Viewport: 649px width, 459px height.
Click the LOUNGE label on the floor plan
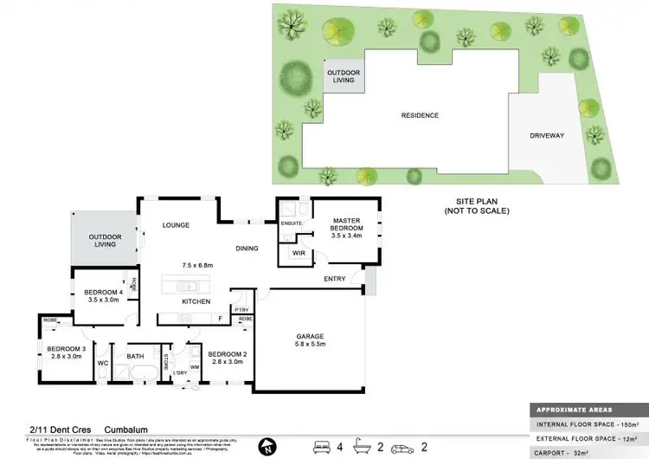(176, 226)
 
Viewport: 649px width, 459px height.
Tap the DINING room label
(247, 249)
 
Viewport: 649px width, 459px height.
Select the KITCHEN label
(196, 301)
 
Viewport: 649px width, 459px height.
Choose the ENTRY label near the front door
(334, 279)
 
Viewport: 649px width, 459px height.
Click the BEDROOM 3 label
(64, 352)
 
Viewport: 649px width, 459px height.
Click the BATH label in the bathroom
(135, 356)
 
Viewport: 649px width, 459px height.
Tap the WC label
(101, 364)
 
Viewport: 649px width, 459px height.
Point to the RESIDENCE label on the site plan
(419, 115)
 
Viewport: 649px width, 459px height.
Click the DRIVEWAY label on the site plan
(547, 136)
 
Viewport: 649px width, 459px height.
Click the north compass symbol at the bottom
(267, 447)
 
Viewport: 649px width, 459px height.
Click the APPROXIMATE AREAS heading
(573, 411)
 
